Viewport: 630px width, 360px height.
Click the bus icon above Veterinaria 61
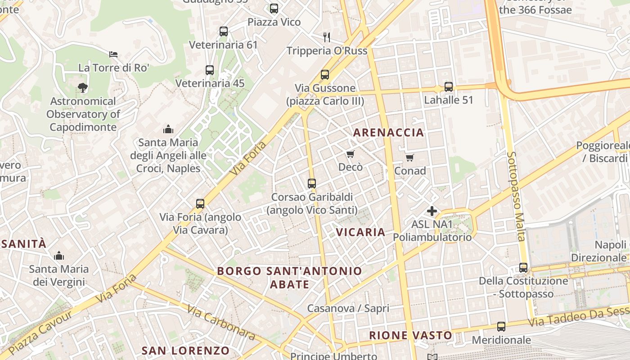(224, 31)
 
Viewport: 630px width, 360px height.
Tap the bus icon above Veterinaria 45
(210, 70)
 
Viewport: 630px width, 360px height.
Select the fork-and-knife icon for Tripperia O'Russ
(327, 37)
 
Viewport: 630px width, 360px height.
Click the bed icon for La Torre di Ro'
(113, 54)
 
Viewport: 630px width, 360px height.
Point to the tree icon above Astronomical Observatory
(82, 88)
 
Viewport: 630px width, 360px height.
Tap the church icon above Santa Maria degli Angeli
(168, 130)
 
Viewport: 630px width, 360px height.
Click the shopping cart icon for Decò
(351, 154)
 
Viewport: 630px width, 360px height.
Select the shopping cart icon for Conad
(409, 157)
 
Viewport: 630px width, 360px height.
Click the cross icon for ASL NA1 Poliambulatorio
(432, 211)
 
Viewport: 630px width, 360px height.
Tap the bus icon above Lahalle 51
(449, 87)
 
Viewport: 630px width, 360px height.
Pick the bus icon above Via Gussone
(325, 75)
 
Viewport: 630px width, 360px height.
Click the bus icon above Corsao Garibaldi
(312, 184)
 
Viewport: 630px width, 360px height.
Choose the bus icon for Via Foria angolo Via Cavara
(200, 204)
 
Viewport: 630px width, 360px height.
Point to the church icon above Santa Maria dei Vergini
(59, 256)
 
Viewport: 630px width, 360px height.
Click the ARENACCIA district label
(389, 132)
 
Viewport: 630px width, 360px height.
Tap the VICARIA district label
(361, 232)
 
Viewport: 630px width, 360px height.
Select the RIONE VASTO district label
(410, 335)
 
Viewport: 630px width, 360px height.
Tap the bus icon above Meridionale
(501, 327)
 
